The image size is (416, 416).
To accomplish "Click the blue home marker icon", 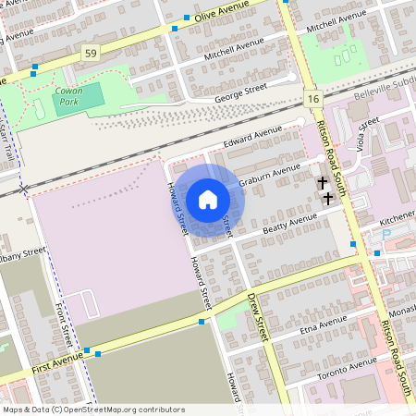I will [x=208, y=200].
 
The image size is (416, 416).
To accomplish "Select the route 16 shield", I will [x=312, y=99].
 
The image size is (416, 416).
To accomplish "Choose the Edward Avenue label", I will [x=251, y=139].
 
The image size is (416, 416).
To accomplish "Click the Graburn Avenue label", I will [x=270, y=175].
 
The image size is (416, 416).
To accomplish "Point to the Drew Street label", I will [x=257, y=314].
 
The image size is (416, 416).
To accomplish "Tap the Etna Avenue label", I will [x=324, y=324].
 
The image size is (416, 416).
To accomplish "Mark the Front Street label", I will [x=66, y=324].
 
